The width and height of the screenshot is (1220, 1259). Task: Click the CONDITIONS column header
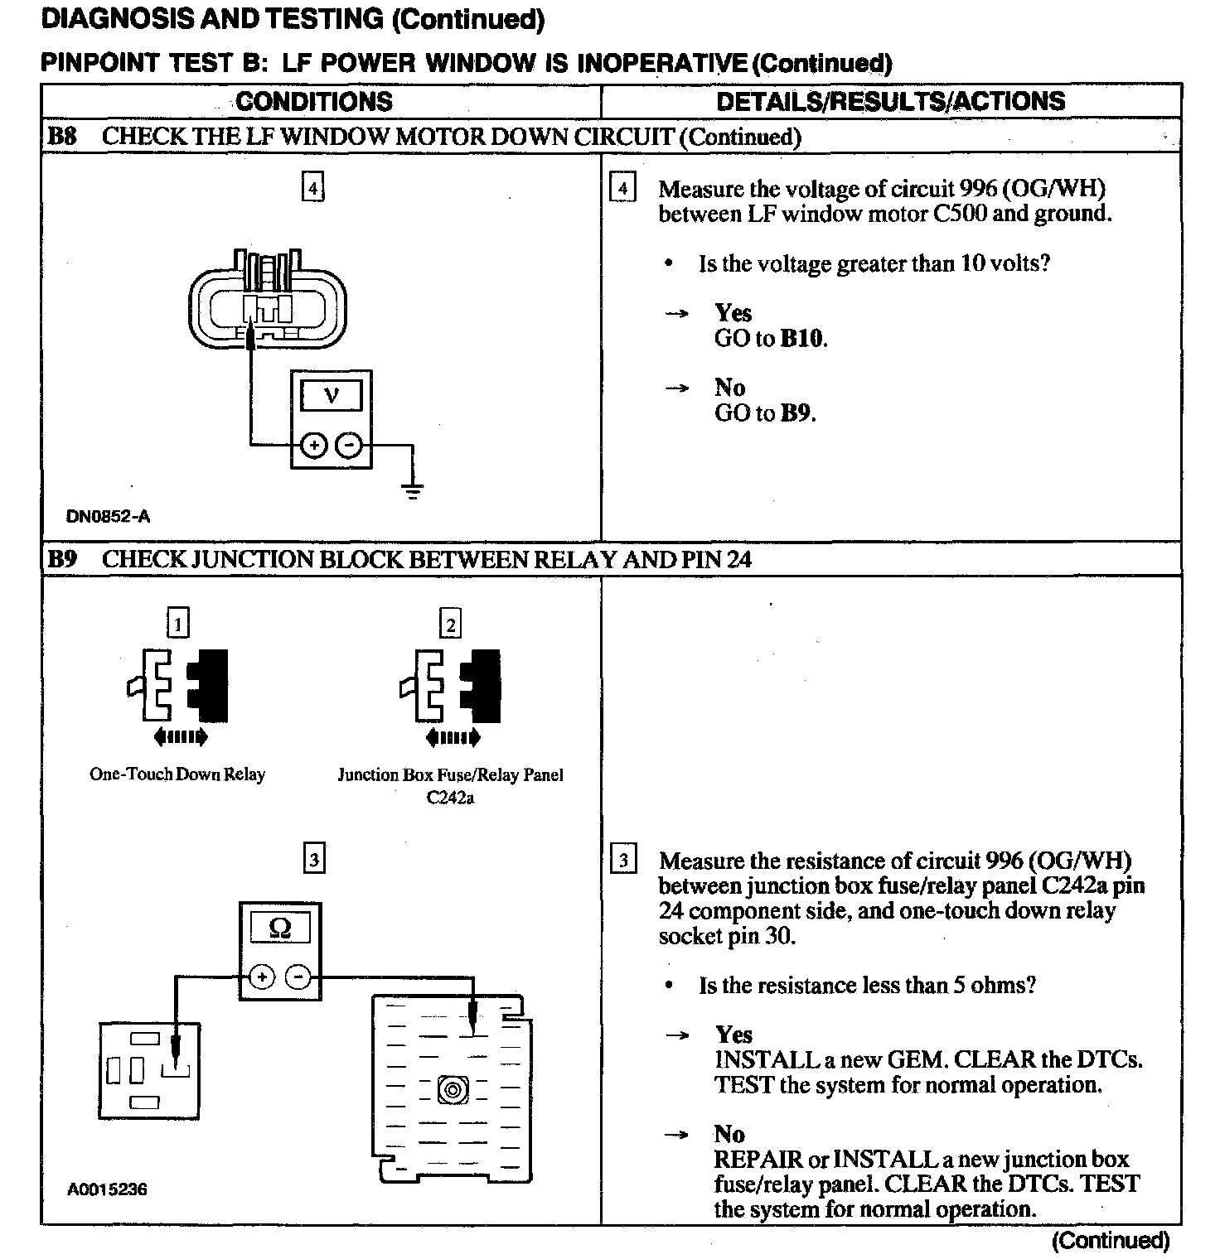(x=314, y=101)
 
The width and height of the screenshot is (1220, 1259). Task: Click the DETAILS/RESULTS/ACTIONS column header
(x=890, y=101)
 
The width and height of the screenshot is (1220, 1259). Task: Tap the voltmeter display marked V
(x=331, y=395)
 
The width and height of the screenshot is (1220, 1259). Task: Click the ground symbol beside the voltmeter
(x=413, y=491)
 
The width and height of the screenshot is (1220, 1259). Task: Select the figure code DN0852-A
(x=108, y=517)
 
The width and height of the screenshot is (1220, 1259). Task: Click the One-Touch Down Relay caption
(x=177, y=774)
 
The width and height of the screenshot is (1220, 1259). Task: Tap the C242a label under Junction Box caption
(x=450, y=798)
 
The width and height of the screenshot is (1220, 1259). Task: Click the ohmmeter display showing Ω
(x=280, y=929)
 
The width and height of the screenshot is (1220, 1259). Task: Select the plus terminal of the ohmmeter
(x=262, y=978)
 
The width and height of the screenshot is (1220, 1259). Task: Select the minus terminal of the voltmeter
(x=350, y=446)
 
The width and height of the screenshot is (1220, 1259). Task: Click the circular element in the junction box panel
(x=453, y=1088)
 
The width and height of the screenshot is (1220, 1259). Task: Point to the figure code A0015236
(x=107, y=1189)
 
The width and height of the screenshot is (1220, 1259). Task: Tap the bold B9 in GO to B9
(x=796, y=412)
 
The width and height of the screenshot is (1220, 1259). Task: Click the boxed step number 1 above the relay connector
(x=177, y=623)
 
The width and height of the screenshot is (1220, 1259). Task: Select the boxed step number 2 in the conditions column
(x=450, y=625)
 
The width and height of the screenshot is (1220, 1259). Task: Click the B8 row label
(x=61, y=137)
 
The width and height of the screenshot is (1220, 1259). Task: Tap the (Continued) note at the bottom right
(x=1110, y=1240)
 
